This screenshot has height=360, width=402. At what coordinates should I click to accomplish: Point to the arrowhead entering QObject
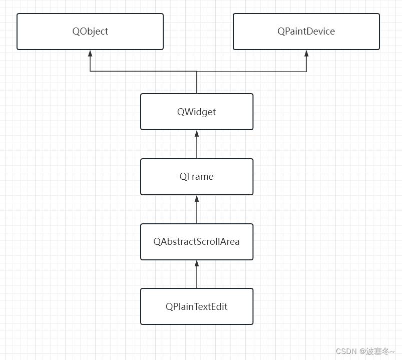[90, 53]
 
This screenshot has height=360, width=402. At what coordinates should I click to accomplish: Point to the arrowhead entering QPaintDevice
[306, 53]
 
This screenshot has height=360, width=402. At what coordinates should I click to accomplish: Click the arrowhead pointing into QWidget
[197, 133]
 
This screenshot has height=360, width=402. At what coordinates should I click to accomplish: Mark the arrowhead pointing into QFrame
[197, 198]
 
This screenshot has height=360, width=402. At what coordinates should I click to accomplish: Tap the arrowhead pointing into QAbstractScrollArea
[197, 263]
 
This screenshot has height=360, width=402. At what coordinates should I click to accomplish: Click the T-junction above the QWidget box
[197, 72]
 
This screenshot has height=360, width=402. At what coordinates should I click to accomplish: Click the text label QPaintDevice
[306, 31]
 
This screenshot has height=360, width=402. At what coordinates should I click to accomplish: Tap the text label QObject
[90, 31]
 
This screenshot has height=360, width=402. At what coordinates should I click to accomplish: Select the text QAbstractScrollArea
[197, 241]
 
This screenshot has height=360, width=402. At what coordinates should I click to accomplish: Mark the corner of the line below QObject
[90, 72]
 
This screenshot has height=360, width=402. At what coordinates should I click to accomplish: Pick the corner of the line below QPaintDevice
[306, 72]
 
